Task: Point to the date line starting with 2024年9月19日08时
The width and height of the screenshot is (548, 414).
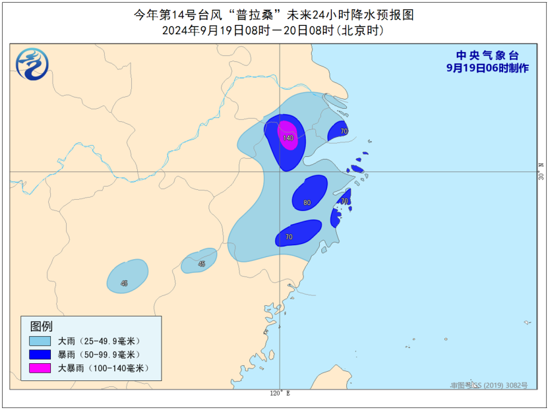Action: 273,30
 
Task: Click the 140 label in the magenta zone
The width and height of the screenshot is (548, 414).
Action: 288,138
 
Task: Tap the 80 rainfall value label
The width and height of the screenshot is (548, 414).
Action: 307,203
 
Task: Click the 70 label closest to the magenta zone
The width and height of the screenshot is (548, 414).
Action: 344,131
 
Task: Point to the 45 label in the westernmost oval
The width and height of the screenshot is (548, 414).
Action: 124,283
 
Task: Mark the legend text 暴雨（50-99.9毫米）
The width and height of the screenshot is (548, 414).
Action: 100,355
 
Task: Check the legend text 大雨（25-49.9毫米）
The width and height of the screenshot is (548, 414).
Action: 100,341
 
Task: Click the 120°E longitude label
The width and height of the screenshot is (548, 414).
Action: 280,394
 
